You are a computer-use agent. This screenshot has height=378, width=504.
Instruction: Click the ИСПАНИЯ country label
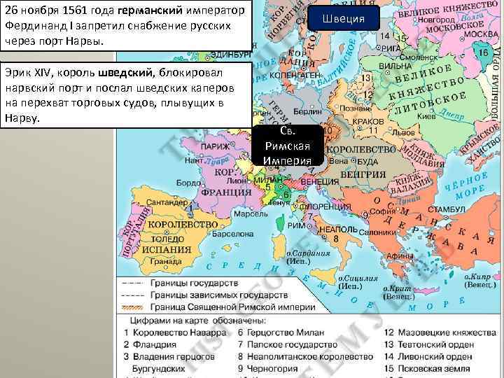167,248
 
